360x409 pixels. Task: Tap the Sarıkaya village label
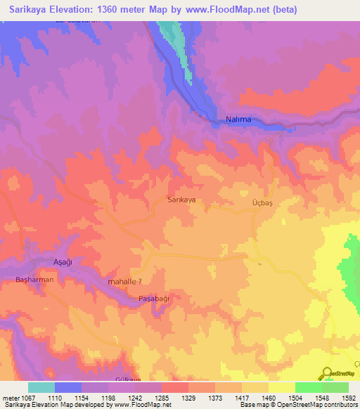click(181, 200)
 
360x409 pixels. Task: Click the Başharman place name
click(34, 280)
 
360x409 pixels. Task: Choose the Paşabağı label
click(154, 298)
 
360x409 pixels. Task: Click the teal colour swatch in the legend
click(41, 387)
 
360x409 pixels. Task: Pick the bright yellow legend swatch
click(281, 387)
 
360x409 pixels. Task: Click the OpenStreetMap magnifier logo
click(326, 372)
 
